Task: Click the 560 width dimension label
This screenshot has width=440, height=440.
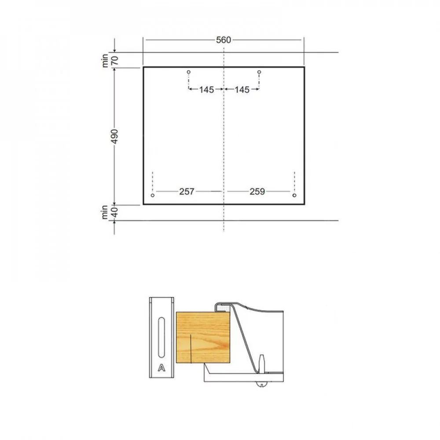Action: (x=224, y=40)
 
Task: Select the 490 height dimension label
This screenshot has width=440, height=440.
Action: (x=114, y=136)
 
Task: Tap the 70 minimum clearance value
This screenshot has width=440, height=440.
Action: (x=115, y=60)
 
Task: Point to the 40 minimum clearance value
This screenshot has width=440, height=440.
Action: (x=115, y=213)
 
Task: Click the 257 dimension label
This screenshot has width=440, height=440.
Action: (x=187, y=191)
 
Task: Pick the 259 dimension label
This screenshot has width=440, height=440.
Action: (x=257, y=191)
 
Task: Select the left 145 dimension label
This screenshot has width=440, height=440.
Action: (x=206, y=89)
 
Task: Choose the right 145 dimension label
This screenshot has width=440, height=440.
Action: (x=242, y=89)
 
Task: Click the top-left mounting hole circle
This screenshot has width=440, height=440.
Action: (x=189, y=72)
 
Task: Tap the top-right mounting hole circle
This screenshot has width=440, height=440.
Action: (x=259, y=72)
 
